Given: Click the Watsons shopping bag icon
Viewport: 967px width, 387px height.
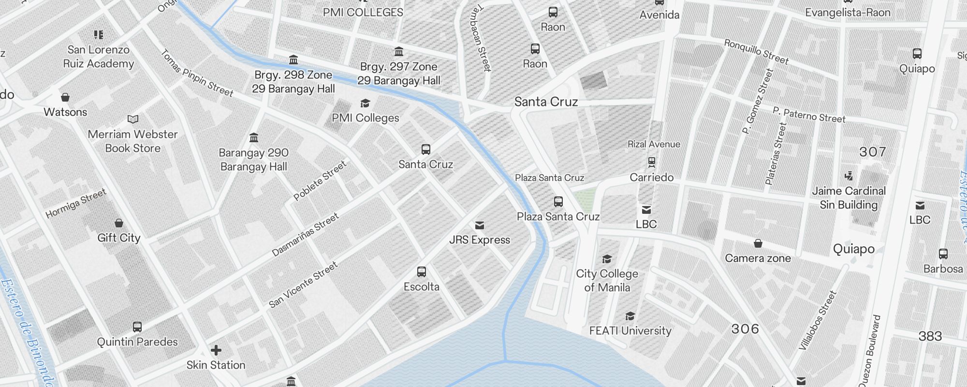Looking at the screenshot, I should point(65,97).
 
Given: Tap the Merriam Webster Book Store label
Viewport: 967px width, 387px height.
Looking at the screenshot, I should point(133,141).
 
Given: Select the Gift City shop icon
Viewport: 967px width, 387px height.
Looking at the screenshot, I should point(119,223).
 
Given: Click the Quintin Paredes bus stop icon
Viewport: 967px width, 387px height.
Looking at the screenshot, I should point(137,327).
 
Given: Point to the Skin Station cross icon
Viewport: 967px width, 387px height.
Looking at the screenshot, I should point(216,350).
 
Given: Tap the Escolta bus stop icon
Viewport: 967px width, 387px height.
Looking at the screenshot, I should point(422,272).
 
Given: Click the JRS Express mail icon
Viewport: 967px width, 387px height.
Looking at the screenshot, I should point(480,225).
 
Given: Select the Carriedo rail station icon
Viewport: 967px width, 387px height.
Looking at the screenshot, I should point(652,162).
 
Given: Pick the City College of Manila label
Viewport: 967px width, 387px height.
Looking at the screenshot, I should point(607,281).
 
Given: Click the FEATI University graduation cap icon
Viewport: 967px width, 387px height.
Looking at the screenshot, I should point(630,316).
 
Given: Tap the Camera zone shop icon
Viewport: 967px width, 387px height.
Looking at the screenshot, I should point(758,243).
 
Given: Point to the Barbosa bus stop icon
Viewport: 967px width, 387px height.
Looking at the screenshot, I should point(943,254).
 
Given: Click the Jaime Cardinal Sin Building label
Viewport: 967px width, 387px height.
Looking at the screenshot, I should point(849,198).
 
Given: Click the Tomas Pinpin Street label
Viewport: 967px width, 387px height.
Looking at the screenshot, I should point(197,73).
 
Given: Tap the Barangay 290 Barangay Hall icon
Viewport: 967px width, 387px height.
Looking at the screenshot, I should point(254,138).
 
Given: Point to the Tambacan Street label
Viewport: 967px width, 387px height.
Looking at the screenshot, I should point(481,38).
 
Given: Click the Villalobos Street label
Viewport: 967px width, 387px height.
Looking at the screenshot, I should point(817,320).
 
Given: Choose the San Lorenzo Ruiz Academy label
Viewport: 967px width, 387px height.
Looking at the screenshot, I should point(99,57).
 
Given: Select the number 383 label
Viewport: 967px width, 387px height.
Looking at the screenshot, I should point(930,336).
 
